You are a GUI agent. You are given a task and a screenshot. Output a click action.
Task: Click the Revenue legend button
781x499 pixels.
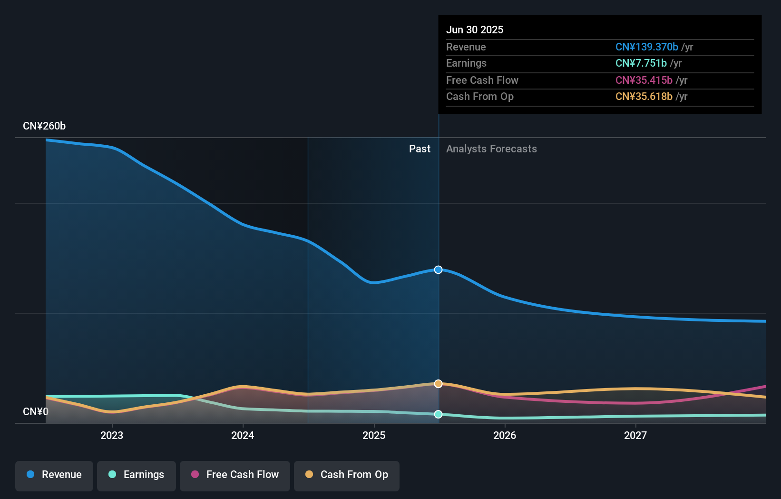coord(54,475)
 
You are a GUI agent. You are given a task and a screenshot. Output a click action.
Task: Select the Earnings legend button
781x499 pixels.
coord(137,475)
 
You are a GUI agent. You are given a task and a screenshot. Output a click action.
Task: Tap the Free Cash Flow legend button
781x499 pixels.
coord(235,475)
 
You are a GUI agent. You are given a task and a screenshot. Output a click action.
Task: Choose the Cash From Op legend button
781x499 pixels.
coord(347,475)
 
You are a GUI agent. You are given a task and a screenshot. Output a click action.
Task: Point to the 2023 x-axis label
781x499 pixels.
coord(112,436)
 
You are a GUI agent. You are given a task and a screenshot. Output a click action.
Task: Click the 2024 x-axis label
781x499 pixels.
coord(243,436)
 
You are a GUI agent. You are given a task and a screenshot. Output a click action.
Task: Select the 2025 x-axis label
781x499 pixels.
coord(374,436)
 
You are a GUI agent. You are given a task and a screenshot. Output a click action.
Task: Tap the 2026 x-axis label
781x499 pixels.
coord(505,436)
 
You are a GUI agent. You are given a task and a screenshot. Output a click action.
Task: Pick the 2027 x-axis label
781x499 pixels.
coord(635,436)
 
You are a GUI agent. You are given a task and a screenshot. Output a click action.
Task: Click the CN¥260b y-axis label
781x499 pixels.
coord(44,126)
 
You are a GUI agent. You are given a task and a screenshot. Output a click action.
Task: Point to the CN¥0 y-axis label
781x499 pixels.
coord(36,412)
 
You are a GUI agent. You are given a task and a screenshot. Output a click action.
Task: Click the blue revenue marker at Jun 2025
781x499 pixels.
coord(438,270)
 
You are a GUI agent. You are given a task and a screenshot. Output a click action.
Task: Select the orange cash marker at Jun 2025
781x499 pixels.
coord(438,384)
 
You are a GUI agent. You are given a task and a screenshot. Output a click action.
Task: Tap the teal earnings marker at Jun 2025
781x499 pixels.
coord(438,414)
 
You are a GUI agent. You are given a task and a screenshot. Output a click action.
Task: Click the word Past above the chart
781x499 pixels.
coord(420,149)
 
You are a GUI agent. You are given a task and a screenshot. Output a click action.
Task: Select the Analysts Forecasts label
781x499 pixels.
coord(491,149)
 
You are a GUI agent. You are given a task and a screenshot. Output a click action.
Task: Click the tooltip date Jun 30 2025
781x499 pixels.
coord(474,30)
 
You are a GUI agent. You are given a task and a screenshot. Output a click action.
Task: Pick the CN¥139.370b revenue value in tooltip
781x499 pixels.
coord(646,47)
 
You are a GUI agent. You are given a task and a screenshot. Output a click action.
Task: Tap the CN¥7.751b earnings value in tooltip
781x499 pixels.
coord(641,63)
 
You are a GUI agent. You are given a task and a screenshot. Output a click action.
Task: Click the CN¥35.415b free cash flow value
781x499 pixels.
coord(644,80)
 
